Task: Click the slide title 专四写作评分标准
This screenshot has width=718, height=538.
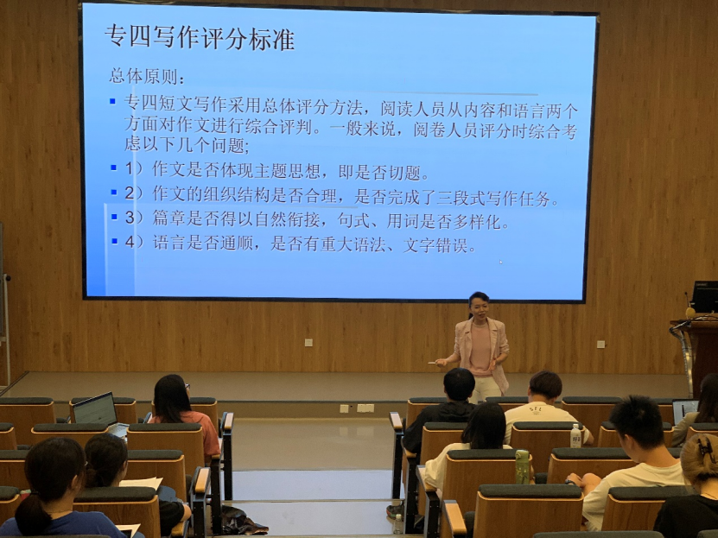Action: point(200,37)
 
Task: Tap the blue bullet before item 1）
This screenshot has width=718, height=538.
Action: point(113,168)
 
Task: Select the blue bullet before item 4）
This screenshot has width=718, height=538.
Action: point(114,241)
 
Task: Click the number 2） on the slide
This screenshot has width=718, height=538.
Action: point(134,193)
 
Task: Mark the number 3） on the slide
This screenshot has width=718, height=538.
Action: point(134,218)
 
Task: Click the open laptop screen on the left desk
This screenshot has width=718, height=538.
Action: point(95,409)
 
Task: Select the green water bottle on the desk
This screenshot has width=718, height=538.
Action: point(522,466)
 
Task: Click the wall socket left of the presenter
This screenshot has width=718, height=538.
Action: point(308,342)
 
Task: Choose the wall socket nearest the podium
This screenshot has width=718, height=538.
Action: point(600,344)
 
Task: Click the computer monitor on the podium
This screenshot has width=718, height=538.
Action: point(705,296)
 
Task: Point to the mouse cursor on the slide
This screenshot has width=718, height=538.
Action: point(500,262)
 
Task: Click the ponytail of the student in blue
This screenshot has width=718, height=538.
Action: point(33,514)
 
